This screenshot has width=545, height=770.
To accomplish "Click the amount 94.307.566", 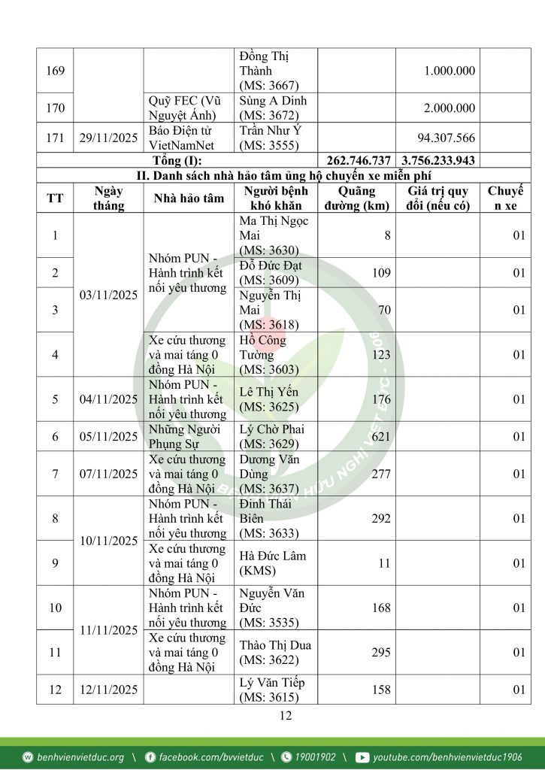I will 447,138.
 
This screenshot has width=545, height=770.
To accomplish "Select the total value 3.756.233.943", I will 438,161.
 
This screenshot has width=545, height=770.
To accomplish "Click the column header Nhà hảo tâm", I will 189,199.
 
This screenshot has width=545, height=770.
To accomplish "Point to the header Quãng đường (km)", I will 356,199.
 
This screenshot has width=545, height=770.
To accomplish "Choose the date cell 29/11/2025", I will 109,138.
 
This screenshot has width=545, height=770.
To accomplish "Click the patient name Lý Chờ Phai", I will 271,429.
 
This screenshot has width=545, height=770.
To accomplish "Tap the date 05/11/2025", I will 109,437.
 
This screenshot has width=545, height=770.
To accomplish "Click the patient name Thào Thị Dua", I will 275,645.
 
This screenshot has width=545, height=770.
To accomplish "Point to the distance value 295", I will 380,653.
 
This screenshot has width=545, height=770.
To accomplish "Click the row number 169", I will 56,71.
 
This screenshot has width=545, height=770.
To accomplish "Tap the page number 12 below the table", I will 285,716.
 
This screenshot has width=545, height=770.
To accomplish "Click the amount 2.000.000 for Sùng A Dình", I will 450,108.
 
